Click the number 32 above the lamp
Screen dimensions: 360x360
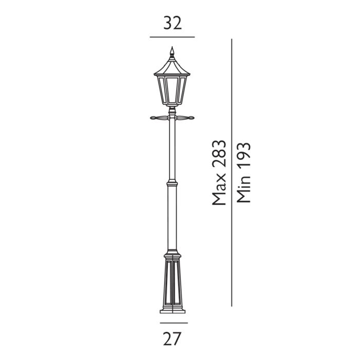pos(173,23)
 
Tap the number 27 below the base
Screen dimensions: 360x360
pos(173,338)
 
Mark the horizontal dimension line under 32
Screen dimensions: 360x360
pos(172,37)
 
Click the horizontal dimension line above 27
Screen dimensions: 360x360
pos(173,322)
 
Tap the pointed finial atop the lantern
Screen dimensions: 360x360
pos(172,52)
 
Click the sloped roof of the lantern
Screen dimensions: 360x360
pos(172,67)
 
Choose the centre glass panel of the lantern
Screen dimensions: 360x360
pos(172,89)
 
